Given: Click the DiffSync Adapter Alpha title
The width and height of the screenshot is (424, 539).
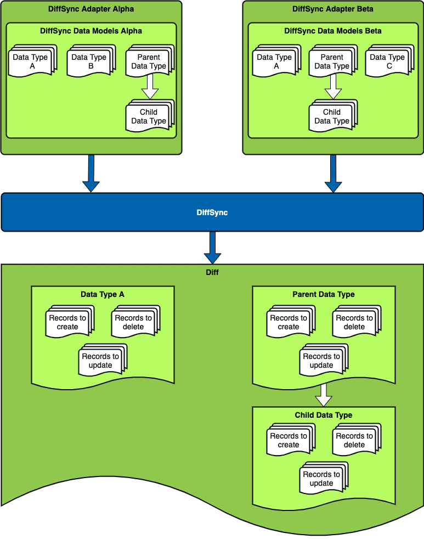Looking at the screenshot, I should pos(91,9).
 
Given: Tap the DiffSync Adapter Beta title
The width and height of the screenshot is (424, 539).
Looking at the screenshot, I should pos(333,9).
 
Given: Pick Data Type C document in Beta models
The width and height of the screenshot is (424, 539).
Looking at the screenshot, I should pos(387,61).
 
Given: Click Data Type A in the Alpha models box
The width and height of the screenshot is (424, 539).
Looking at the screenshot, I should pos(30,61).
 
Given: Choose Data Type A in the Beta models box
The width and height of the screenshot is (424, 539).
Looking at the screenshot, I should pos(274,61).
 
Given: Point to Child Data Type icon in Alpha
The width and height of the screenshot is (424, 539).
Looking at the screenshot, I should pos(149,116).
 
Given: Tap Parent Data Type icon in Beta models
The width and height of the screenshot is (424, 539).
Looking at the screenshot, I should pos(332,61).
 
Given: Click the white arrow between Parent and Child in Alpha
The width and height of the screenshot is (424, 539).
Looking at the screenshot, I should pos(149,87).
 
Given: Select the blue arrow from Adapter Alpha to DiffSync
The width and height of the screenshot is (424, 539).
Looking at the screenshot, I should pos(91,173).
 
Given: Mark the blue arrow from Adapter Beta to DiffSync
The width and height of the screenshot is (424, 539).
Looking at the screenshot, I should pos(333,173).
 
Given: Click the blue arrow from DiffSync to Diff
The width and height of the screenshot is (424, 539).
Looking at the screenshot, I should pos(212,248).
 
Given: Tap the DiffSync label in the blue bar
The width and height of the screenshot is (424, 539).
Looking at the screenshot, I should pos(212,212).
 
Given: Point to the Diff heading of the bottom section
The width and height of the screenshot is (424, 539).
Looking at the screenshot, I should pos(212,272).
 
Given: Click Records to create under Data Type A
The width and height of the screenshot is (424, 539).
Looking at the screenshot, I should pos(68,322).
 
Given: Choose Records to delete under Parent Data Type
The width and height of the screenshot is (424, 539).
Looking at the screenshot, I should pos(354,322).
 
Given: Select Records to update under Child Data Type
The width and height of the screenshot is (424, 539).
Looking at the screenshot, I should pos(321,479).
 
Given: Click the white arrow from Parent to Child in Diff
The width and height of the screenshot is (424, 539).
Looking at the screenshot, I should pos(324,394).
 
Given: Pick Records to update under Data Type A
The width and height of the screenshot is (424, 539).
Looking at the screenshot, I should pos(101,361).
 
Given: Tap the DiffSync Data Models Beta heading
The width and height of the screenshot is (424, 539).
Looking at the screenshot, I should pos(333,31).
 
